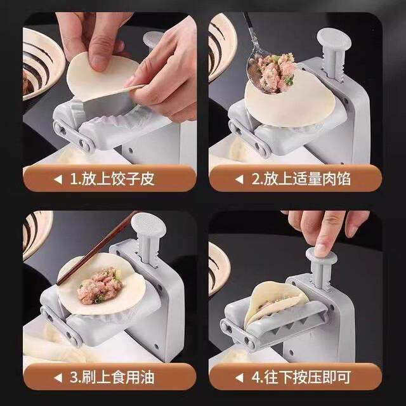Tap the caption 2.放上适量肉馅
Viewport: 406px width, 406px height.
point(301,180)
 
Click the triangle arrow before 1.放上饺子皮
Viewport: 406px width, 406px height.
point(58,180)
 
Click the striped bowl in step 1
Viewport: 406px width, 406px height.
point(42,63)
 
